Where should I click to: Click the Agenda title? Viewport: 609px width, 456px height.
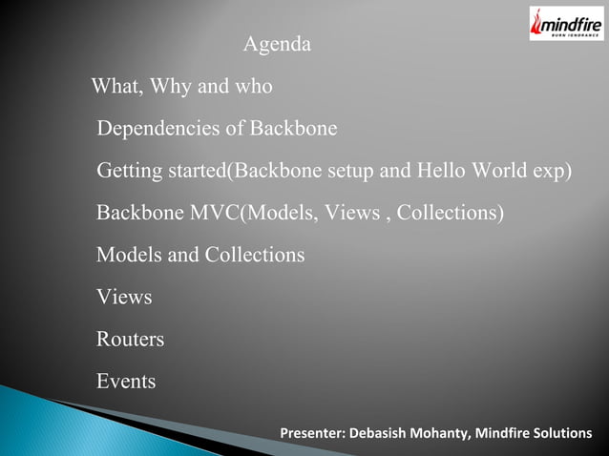click(277, 45)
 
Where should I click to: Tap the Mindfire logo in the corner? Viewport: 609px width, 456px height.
click(566, 23)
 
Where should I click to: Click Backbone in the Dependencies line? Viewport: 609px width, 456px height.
click(293, 129)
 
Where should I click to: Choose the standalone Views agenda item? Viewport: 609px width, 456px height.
click(124, 298)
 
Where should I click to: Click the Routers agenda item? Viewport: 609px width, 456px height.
click(131, 340)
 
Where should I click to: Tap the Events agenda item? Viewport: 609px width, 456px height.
click(126, 382)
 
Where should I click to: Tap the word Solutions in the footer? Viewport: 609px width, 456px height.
click(562, 435)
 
